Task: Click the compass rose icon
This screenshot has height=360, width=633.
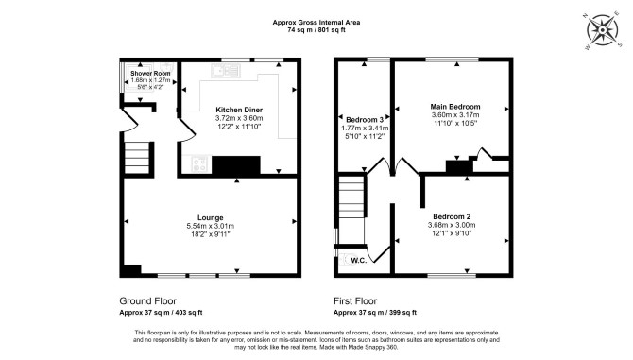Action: coord(603,30)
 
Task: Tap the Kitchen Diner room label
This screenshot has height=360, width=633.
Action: coord(239,110)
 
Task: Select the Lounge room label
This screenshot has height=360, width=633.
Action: coord(211,217)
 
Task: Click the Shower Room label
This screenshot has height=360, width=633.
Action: coord(150,74)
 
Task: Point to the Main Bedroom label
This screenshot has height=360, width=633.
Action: coord(455,107)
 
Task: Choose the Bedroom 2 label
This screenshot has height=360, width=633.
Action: coord(452,216)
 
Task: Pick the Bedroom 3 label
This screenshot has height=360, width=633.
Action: coord(365,120)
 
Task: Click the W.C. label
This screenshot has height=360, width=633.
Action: coord(359,260)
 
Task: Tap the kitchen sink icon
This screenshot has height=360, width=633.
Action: coord(226,71)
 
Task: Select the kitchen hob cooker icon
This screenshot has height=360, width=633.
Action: coord(199,164)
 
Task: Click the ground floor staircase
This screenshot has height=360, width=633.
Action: coord(137,158)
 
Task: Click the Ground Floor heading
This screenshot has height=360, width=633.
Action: coord(147,301)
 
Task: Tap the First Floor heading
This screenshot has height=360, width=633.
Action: coord(355,301)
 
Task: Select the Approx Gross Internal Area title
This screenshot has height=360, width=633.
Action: coord(316,23)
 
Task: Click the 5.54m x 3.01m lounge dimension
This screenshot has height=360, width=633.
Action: coord(211,226)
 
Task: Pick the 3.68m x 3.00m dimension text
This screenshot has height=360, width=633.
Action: coord(452,225)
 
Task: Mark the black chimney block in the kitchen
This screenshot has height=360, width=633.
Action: coord(236,165)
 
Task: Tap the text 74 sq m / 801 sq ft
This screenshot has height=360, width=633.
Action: coord(316,30)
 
